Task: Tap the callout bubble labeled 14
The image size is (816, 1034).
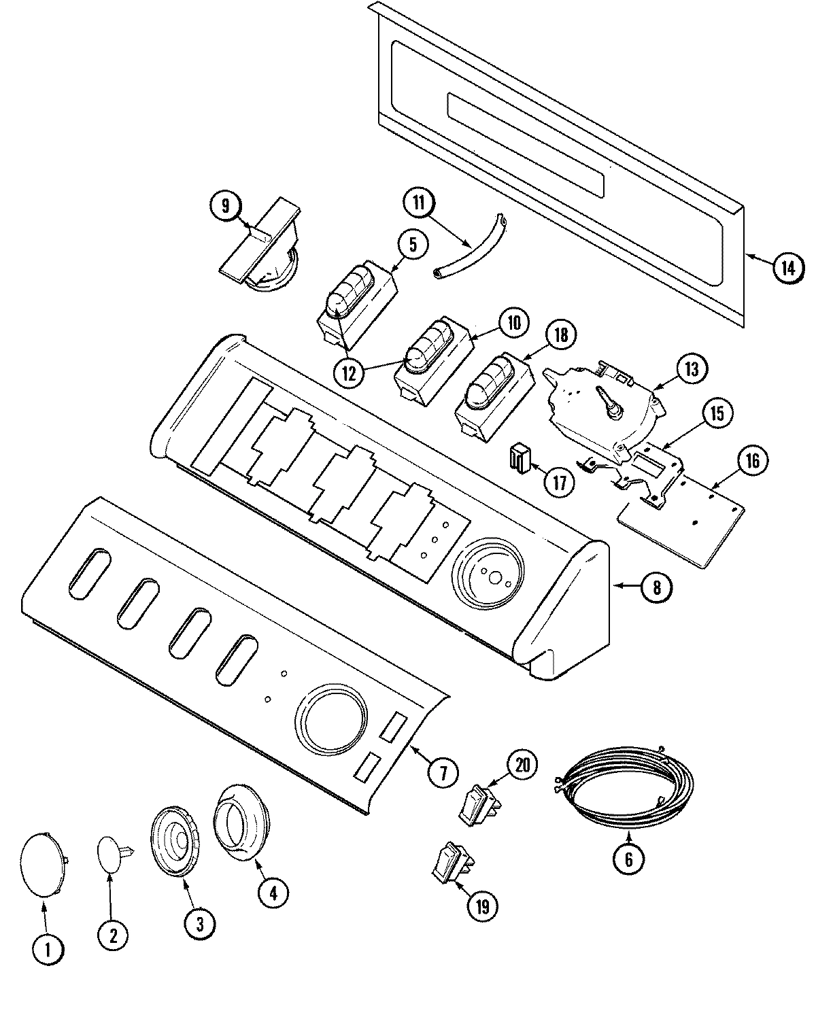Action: coord(786,268)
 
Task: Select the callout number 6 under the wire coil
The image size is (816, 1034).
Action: coord(628,859)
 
